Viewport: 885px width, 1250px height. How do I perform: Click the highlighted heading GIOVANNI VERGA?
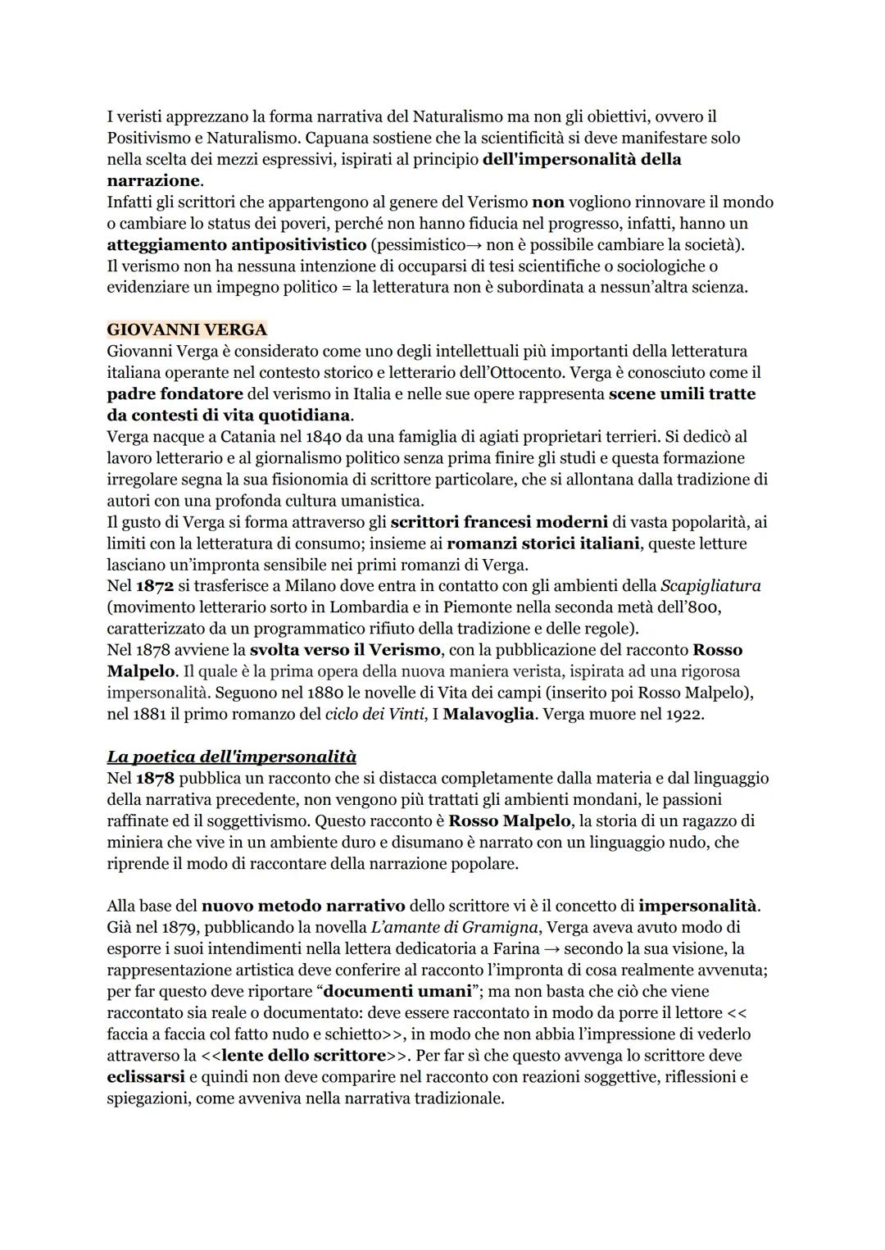(187, 330)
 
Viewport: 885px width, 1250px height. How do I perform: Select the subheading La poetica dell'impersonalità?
(231, 757)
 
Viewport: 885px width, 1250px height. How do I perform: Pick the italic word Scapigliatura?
(710, 586)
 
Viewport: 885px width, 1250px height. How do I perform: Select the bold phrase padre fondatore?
(175, 394)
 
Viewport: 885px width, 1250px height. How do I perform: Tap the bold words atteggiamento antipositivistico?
(236, 245)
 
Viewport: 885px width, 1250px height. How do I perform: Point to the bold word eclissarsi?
(146, 1077)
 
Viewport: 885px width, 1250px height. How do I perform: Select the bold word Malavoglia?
(488, 714)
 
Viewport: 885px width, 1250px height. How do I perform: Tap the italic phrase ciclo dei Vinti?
(376, 714)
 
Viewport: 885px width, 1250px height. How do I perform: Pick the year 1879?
(180, 928)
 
